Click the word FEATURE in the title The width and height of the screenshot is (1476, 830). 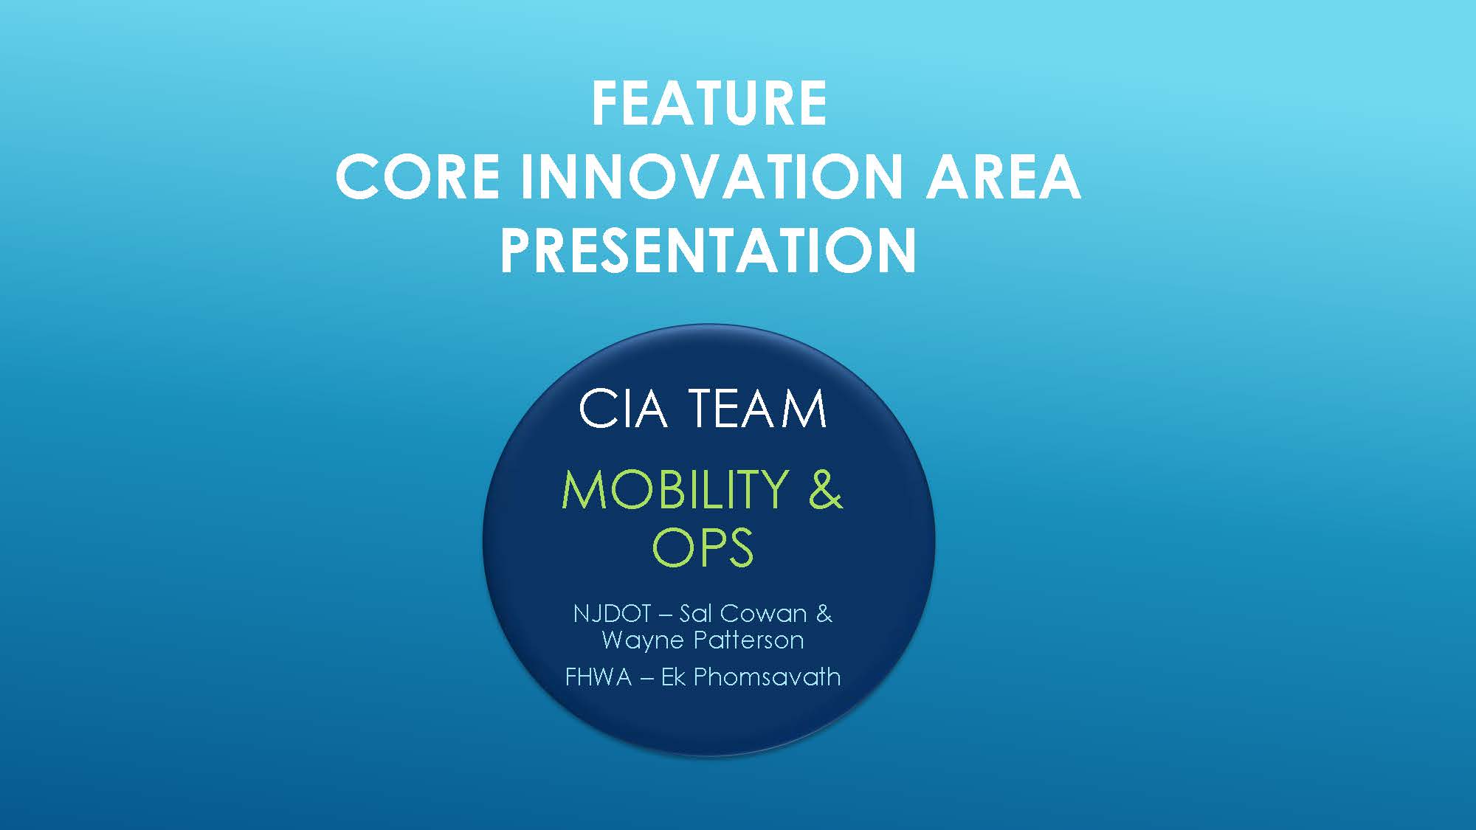tap(709, 103)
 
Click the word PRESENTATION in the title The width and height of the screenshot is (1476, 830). tap(708, 250)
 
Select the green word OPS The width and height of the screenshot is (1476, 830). tap(703, 547)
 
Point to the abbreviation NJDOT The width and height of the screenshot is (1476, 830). tap(612, 613)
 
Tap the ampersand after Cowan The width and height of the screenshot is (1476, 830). tap(824, 613)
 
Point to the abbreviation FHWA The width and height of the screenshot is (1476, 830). tap(599, 677)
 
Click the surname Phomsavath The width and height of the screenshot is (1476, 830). tap(767, 677)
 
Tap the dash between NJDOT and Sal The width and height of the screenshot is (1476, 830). tap(665, 615)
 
